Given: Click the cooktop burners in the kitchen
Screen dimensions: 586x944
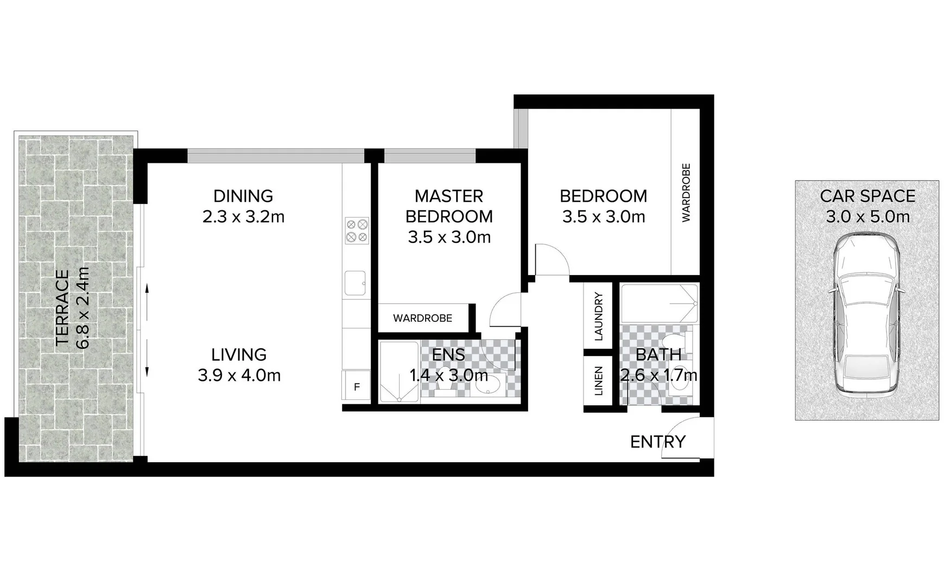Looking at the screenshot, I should (357, 230).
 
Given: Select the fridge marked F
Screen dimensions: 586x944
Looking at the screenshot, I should (357, 387).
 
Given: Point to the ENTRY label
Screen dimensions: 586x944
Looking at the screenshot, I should (657, 442).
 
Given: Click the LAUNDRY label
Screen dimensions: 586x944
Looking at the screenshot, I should (599, 316).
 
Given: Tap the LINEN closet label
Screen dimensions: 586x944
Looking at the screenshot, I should (599, 381).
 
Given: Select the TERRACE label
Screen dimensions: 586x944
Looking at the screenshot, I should (62, 308).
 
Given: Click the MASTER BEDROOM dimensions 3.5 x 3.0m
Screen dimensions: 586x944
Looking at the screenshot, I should (449, 237).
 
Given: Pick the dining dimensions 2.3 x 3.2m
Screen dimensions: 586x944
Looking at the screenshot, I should (243, 216).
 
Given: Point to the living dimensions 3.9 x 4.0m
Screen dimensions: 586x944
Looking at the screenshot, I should (239, 375).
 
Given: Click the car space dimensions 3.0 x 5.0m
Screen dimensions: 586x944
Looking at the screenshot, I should (867, 216).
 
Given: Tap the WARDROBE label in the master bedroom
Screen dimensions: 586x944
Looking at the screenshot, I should (422, 318).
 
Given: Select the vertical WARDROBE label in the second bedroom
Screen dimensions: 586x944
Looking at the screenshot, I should (686, 193).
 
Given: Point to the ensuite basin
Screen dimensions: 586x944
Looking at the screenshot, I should (489, 385).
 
